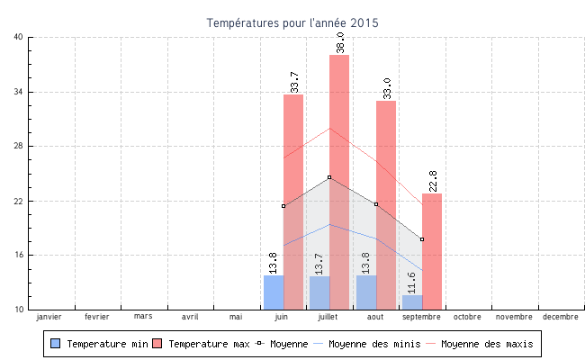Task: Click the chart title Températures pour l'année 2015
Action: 292,22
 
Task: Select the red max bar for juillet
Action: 339,180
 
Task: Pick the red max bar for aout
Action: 386,203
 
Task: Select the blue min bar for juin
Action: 274,292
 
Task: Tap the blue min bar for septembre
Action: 412,301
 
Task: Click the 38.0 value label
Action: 340,41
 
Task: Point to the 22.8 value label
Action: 433,180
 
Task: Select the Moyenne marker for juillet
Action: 329,177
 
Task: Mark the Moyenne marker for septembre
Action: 422,239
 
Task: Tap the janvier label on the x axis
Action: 49,317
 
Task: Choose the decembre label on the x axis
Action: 561,317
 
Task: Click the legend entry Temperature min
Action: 99,344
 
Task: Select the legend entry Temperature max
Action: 201,344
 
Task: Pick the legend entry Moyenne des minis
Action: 367,344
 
